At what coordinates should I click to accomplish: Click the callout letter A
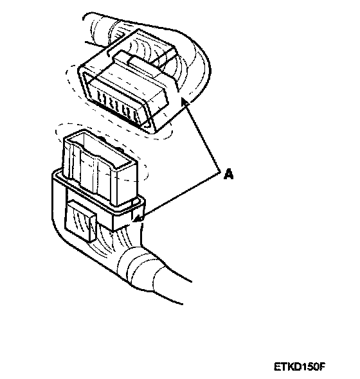(x=228, y=174)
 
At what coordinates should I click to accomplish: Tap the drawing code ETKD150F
(x=299, y=366)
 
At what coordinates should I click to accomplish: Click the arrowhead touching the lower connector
(x=138, y=219)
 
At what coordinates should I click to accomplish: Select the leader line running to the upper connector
(x=203, y=137)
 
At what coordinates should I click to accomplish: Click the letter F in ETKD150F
(x=321, y=366)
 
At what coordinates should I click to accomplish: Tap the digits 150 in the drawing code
(x=308, y=366)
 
